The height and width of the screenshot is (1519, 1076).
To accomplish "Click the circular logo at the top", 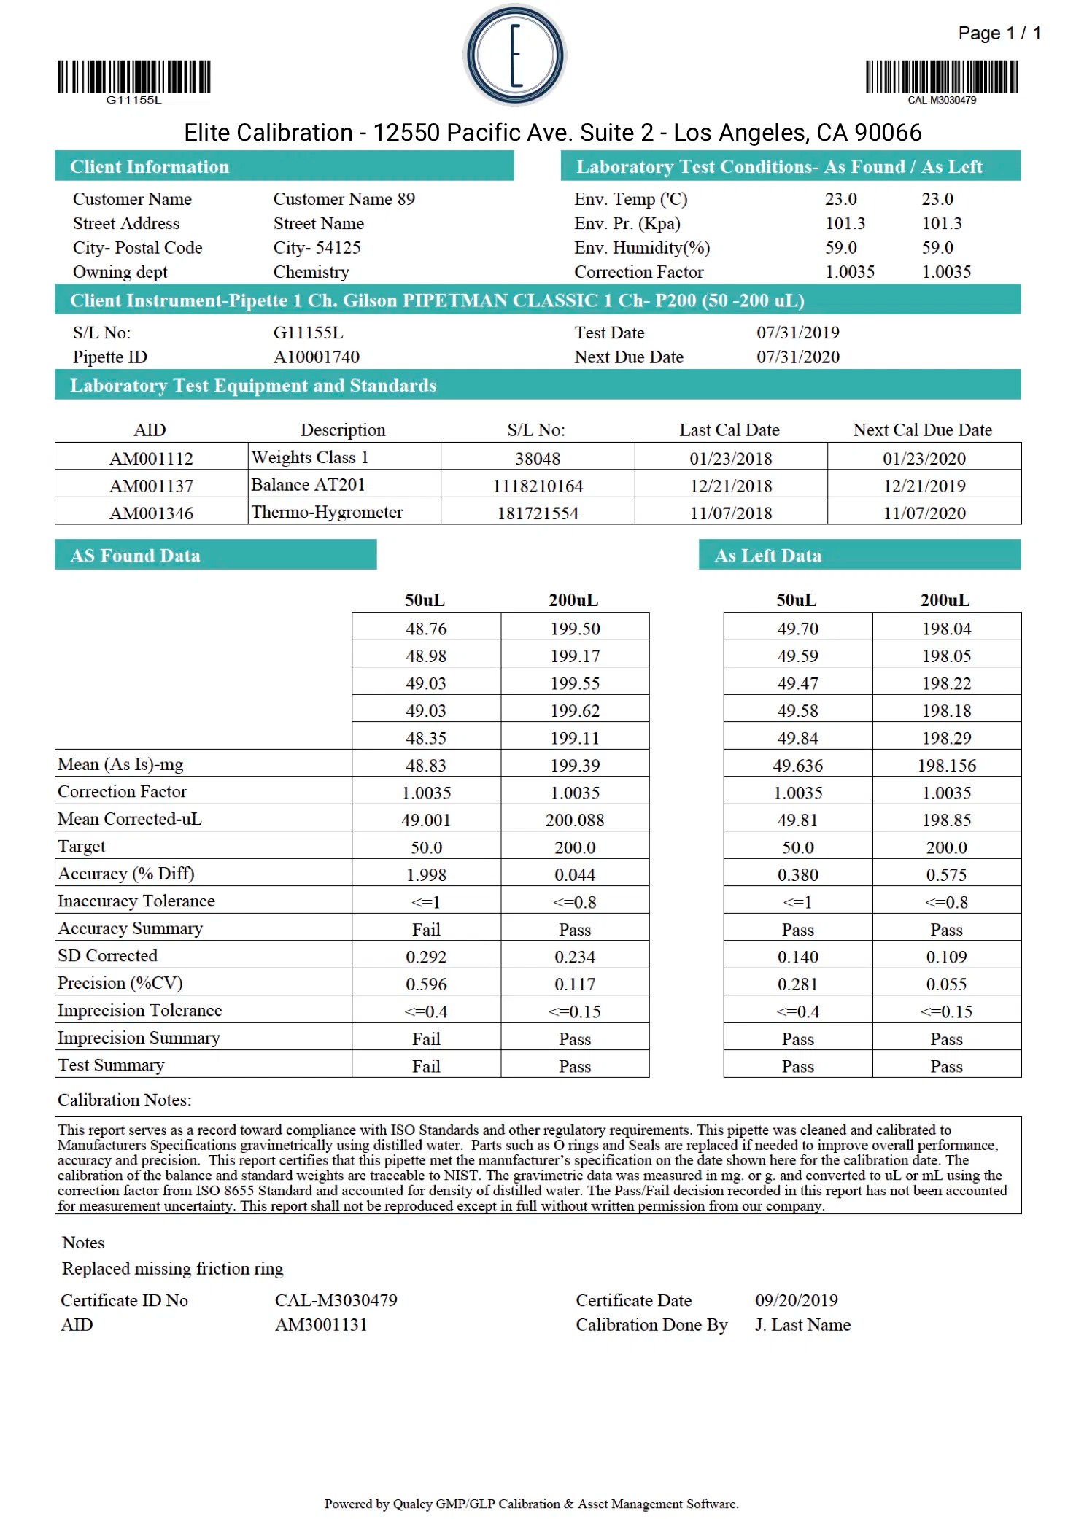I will coord(515,55).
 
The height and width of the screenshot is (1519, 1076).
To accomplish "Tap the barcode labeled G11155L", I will coord(134,77).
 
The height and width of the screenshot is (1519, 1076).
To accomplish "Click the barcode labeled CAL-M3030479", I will coord(942,77).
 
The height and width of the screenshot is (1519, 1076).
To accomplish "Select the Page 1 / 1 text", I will coord(999,34).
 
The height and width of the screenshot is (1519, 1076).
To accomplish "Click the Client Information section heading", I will coord(150,167).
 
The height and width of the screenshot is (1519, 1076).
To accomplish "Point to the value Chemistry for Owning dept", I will coord(311,272).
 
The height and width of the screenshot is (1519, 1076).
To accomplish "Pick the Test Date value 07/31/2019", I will coord(797,333).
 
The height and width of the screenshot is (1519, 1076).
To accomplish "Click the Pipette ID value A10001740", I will coord(316,357).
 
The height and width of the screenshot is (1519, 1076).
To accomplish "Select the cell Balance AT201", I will coord(308,485).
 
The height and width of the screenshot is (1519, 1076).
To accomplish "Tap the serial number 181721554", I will coord(538,513).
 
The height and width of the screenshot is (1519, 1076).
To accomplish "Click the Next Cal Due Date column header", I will coord(922,430).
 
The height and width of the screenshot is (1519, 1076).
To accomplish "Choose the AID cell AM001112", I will coord(151,459).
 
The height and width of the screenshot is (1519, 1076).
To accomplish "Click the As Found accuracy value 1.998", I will coord(426,875).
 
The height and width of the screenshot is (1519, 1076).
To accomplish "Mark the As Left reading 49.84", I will coord(797,739).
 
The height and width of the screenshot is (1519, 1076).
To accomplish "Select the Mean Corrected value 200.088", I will coord(575,820).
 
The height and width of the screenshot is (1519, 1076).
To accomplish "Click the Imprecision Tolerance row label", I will coord(140,1011).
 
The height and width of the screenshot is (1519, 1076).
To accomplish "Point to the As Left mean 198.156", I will coord(946,766).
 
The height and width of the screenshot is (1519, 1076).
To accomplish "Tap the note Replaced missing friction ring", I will coord(173,1269).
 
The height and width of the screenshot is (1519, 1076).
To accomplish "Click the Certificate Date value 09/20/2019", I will coord(796,1301).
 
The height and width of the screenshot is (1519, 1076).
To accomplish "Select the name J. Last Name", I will coord(802,1325).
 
